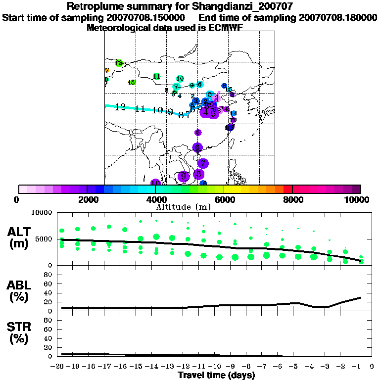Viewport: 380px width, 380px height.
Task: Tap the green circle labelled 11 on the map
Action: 156,76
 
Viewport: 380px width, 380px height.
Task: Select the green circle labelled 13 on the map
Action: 119,63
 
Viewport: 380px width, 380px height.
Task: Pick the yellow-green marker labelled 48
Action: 131,83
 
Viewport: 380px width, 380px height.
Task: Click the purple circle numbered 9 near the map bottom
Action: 185,176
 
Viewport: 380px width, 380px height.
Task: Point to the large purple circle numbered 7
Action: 203,163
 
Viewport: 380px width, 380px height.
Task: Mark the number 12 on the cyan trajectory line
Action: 120,107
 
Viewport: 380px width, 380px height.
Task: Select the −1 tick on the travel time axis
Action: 359,366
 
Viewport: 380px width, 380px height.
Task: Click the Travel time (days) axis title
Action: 216,375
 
